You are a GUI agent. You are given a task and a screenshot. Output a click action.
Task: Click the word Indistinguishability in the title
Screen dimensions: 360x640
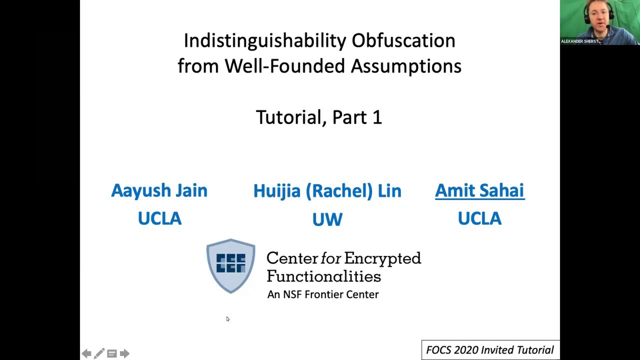click(264, 41)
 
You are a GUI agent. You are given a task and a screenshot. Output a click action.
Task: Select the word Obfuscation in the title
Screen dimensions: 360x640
click(403, 41)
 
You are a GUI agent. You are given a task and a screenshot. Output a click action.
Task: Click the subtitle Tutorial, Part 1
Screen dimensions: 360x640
click(319, 117)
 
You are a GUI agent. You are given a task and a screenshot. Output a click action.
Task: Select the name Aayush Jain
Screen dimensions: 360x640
click(159, 190)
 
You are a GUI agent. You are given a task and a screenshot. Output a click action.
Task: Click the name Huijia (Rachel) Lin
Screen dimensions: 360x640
click(327, 191)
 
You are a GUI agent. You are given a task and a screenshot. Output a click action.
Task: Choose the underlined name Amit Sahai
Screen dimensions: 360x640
click(479, 190)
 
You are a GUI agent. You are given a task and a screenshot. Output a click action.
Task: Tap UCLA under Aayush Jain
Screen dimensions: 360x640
click(159, 218)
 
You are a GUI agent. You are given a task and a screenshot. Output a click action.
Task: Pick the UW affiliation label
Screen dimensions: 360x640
click(327, 219)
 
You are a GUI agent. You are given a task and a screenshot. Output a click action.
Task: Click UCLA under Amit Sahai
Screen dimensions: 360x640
click(479, 218)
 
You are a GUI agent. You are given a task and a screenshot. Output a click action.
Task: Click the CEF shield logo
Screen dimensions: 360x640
click(230, 265)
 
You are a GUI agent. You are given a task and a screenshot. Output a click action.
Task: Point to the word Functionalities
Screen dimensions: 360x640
click(323, 276)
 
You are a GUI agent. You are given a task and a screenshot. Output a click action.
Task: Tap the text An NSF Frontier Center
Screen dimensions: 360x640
click(323, 294)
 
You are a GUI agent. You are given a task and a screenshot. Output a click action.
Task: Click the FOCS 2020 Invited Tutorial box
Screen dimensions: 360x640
click(490, 350)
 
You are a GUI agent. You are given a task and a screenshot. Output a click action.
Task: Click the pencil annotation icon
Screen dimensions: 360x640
click(99, 353)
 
